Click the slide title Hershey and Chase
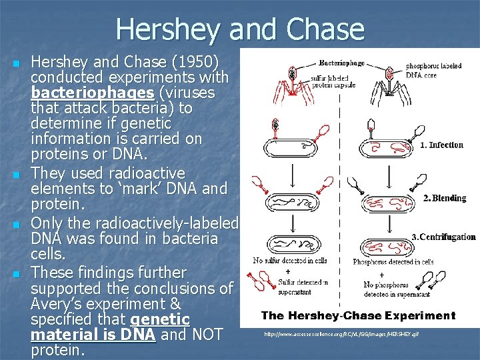pyautogui.click(x=240, y=29)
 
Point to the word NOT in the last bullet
pyautogui.click(x=205, y=335)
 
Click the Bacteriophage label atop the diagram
pyautogui.click(x=342, y=62)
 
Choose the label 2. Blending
pyautogui.click(x=445, y=198)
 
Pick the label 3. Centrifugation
pyautogui.click(x=443, y=237)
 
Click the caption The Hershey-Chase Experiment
pyautogui.click(x=358, y=315)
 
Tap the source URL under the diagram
pyautogui.click(x=341, y=333)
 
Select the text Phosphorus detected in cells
pyautogui.click(x=393, y=261)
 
